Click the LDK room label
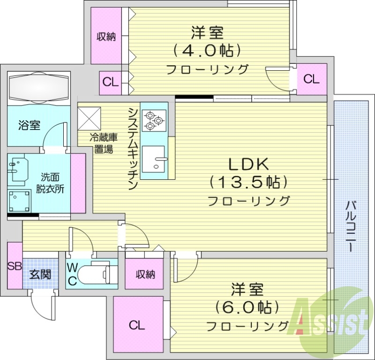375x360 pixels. coord(248,165)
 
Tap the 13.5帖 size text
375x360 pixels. coord(248,181)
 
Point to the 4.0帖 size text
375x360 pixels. coord(207,49)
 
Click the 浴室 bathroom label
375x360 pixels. coord(29,125)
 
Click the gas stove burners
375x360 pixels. coord(154,119)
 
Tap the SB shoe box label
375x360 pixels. coord(15,266)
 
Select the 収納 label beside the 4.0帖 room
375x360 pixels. coord(106,37)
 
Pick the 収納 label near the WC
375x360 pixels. coord(145,275)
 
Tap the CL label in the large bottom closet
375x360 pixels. coord(137,324)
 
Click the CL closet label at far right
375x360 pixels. coord(311,79)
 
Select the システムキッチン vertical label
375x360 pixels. coord(133,148)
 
